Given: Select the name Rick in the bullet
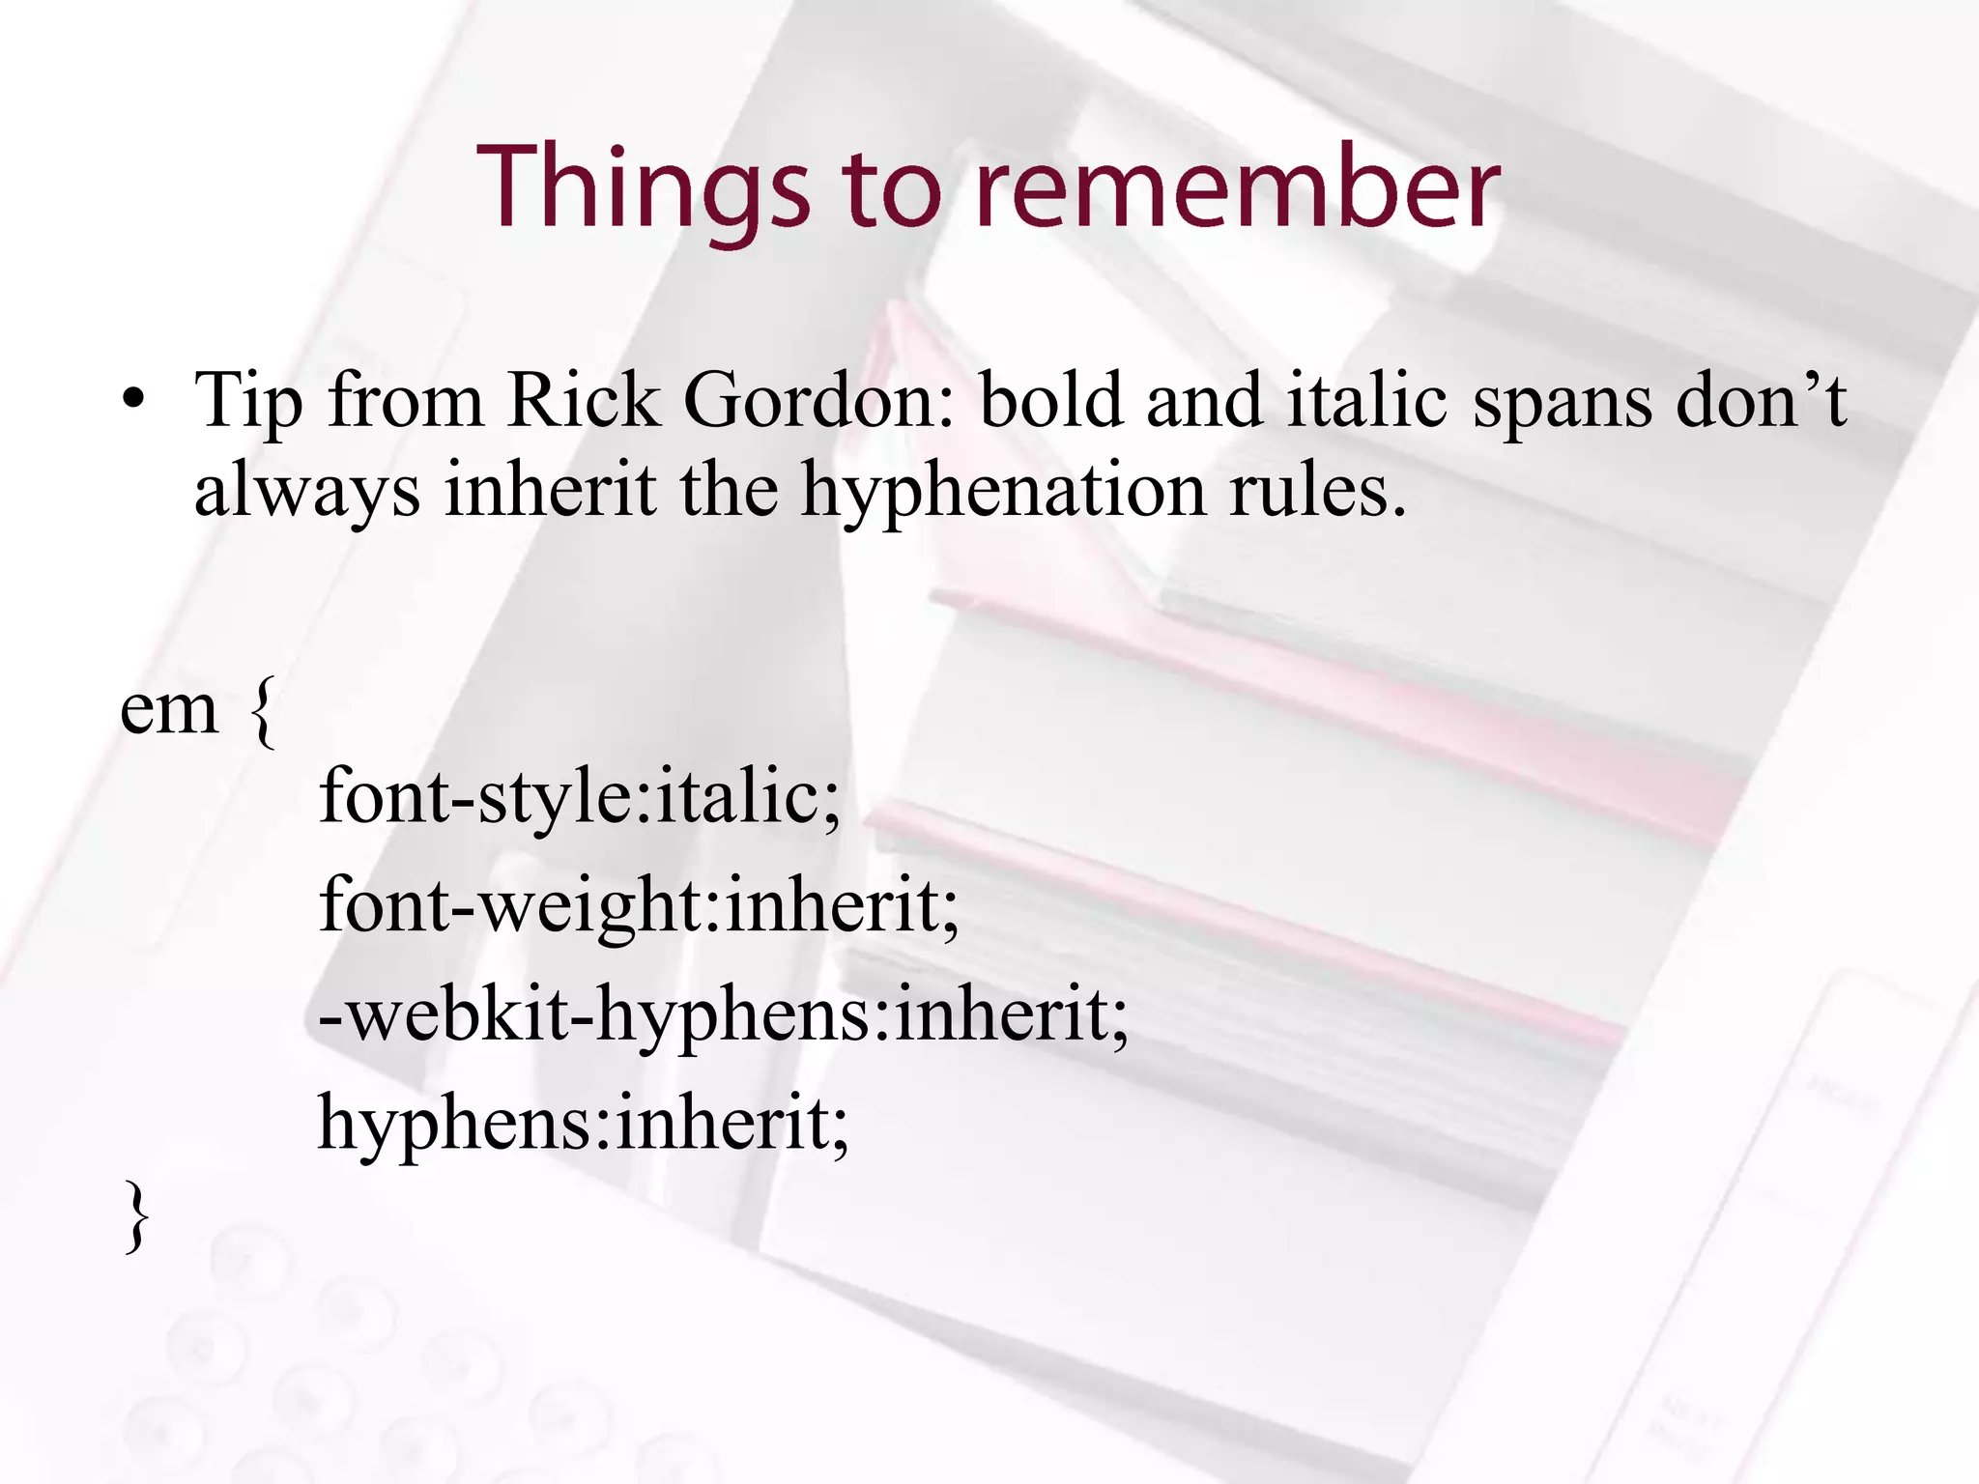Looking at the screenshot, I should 583,399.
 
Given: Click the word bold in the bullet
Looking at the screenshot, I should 1051,399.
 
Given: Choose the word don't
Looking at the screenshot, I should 1761,399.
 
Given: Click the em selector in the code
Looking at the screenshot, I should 169,710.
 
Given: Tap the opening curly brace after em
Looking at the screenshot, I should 262,712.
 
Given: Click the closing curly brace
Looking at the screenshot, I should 137,1218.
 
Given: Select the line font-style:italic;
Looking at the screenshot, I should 580,798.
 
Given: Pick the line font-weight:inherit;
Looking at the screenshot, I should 639,905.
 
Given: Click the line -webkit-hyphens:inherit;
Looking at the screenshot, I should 723,1015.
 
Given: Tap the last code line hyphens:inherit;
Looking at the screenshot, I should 584,1124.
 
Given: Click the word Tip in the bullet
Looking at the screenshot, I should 247,401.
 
